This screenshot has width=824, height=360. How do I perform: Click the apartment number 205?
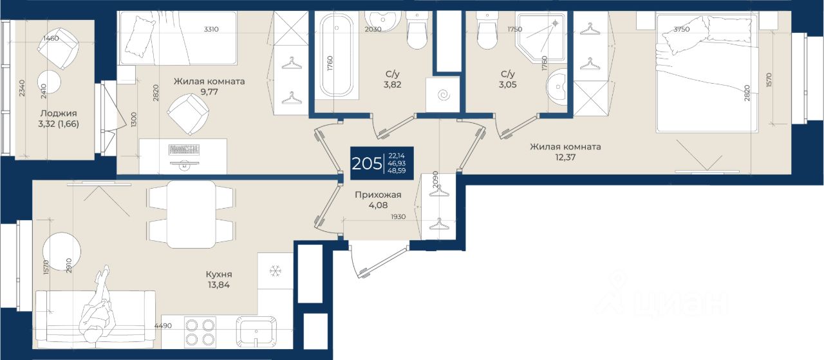click(x=367, y=164)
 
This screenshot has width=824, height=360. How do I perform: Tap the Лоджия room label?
click(x=59, y=113)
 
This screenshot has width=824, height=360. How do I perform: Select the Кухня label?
click(x=219, y=274)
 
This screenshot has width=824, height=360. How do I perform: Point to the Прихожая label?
click(x=378, y=194)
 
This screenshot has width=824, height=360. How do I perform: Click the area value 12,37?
click(x=565, y=158)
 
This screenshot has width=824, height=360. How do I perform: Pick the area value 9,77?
click(x=209, y=91)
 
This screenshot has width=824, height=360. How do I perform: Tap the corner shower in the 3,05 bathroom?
click(x=541, y=38)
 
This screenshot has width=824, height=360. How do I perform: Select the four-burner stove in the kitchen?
click(x=200, y=332)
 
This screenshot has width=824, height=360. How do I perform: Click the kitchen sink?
click(x=256, y=333)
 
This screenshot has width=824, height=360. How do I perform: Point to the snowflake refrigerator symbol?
click(x=275, y=271)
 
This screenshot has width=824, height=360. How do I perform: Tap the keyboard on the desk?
click(x=184, y=149)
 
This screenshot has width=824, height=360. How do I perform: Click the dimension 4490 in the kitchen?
click(x=163, y=326)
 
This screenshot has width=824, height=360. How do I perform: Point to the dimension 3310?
click(x=211, y=29)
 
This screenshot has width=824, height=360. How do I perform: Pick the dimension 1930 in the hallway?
click(x=398, y=217)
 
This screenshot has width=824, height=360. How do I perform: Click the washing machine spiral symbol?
click(x=444, y=95)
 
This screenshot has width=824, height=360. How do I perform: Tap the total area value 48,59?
click(x=397, y=171)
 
